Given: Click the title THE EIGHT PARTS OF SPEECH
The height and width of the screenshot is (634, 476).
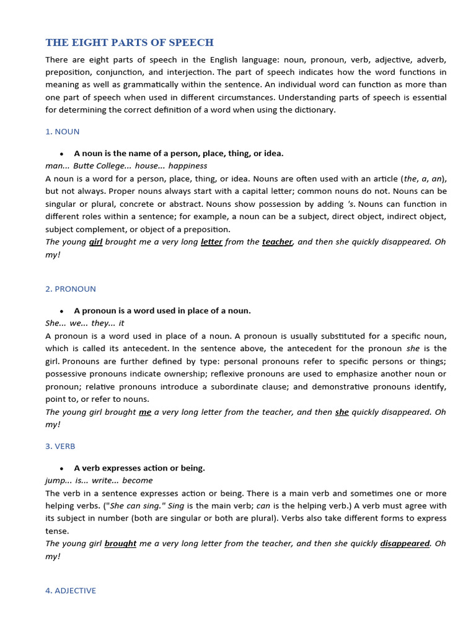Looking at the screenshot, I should click(x=130, y=43).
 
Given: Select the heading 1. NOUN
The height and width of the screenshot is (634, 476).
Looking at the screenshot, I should click(x=62, y=131).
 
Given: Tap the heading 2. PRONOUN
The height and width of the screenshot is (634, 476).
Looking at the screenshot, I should click(x=71, y=289).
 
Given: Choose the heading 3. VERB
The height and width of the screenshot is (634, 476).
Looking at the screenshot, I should click(x=60, y=446).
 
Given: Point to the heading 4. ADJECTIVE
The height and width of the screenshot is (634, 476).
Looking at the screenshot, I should click(x=71, y=591).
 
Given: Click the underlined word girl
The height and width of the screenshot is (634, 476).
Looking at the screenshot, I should click(x=95, y=241).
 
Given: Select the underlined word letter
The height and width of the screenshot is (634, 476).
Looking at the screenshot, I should click(x=211, y=241).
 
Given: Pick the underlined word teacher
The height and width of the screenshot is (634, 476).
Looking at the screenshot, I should click(x=277, y=241).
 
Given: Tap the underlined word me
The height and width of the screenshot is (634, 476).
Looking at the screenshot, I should click(x=145, y=412).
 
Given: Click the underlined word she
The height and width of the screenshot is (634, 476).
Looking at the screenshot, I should click(x=342, y=412).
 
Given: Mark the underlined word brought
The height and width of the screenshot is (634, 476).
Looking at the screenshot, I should click(x=120, y=543).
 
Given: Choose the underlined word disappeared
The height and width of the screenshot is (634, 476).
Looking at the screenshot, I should click(x=405, y=543).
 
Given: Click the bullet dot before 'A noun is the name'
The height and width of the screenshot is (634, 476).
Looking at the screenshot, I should click(x=61, y=154).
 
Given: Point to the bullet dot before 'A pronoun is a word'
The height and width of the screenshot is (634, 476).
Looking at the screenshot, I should click(x=61, y=311).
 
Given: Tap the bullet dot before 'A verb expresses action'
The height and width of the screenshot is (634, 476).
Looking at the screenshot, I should click(x=61, y=468).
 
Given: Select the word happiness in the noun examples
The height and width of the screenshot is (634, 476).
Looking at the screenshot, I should click(x=188, y=166).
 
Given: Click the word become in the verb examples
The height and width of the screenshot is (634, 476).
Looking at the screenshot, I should click(x=138, y=480).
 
